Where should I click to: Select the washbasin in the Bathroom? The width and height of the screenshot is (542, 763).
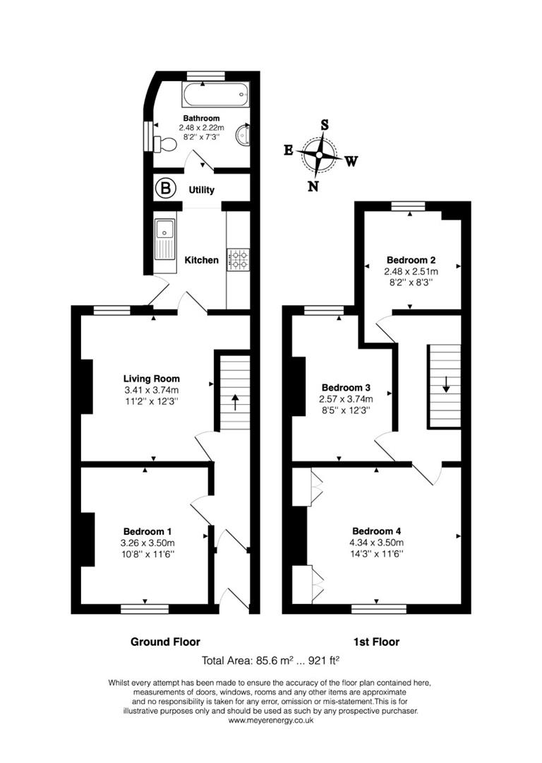244,134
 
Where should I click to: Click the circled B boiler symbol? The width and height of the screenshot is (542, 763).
166,189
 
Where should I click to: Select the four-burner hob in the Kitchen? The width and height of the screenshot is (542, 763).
238,259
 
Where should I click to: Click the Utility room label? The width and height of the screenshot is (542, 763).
202,190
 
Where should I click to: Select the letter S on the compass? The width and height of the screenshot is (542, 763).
325,124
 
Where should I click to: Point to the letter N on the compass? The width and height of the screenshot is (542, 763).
313,187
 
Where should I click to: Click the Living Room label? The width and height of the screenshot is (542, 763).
151,378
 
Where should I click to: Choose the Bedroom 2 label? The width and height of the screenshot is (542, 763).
411,259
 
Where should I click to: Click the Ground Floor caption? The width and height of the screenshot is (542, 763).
165,642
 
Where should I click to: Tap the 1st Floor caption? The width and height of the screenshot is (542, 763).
376,642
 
